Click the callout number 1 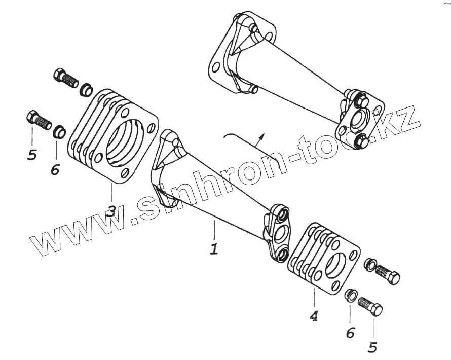click(x=214, y=249)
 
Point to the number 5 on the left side click(x=31, y=154)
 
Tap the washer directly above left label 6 click(x=60, y=132)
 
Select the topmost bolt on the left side click(x=64, y=77)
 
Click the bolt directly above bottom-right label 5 click(x=370, y=306)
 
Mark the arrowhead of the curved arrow click(x=261, y=135)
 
